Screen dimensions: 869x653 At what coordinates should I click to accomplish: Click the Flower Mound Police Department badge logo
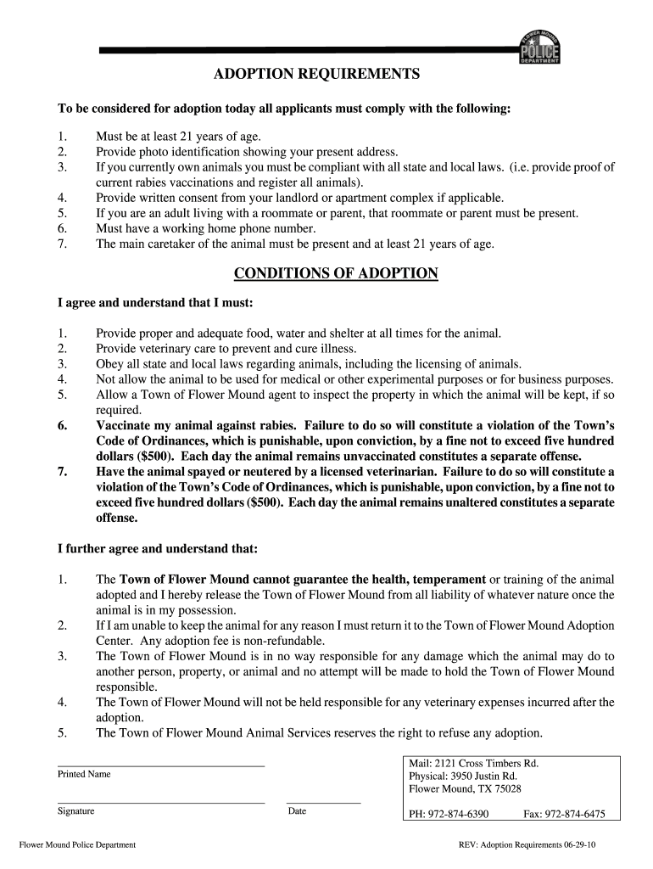pyautogui.click(x=539, y=46)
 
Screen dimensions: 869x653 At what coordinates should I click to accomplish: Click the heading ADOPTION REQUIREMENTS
pyautogui.click(x=316, y=76)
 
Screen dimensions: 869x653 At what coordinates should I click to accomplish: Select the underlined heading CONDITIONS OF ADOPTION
pyautogui.click(x=336, y=273)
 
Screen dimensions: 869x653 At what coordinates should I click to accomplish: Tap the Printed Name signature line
pyautogui.click(x=160, y=765)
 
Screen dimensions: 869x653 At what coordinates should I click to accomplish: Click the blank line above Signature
pyautogui.click(x=160, y=802)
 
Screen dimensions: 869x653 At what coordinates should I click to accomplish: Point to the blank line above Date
pyautogui.click(x=323, y=802)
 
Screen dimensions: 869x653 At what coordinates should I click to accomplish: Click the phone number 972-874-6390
pyautogui.click(x=460, y=814)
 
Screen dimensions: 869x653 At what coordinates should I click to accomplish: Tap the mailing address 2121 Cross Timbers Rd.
pyautogui.click(x=488, y=763)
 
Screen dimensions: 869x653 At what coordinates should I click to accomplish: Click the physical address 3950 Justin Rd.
pyautogui.click(x=486, y=776)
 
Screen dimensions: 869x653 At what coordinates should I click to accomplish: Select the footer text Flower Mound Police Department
pyautogui.click(x=77, y=845)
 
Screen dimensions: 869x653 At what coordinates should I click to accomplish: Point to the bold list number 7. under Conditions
pyautogui.click(x=62, y=471)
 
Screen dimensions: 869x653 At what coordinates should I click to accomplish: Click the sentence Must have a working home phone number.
pyautogui.click(x=205, y=228)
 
